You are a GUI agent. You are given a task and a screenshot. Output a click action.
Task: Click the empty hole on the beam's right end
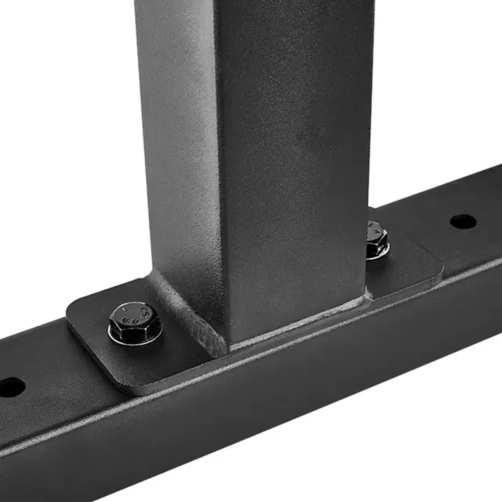pyautogui.click(x=463, y=222)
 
